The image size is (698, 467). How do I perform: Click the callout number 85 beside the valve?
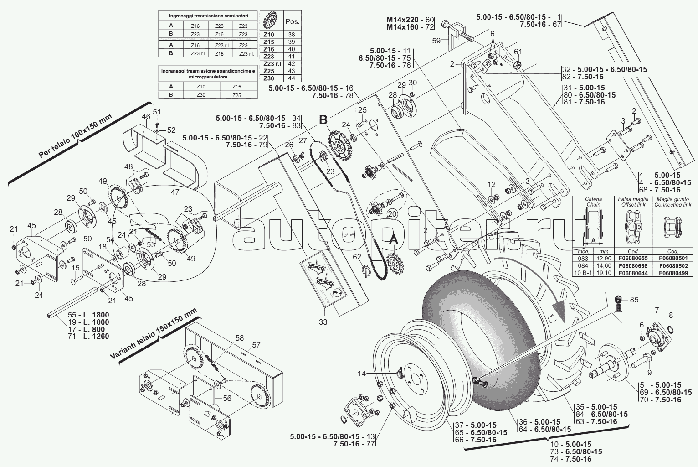pos(634,300)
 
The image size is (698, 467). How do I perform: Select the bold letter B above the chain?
pos(323,120)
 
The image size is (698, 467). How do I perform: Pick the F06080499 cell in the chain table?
pos(673,273)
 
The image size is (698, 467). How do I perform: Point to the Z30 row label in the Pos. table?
pos(269,78)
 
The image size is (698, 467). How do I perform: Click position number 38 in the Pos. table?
pos(292,34)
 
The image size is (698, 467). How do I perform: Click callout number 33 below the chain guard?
pos(323,322)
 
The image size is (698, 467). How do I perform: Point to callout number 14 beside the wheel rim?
pos(361,374)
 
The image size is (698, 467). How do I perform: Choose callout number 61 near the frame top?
pos(518,51)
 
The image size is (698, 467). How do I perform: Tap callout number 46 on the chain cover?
pos(146,117)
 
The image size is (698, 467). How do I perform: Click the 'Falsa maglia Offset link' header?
pos(634,202)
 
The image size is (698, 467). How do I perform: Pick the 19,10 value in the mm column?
pos(600,273)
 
